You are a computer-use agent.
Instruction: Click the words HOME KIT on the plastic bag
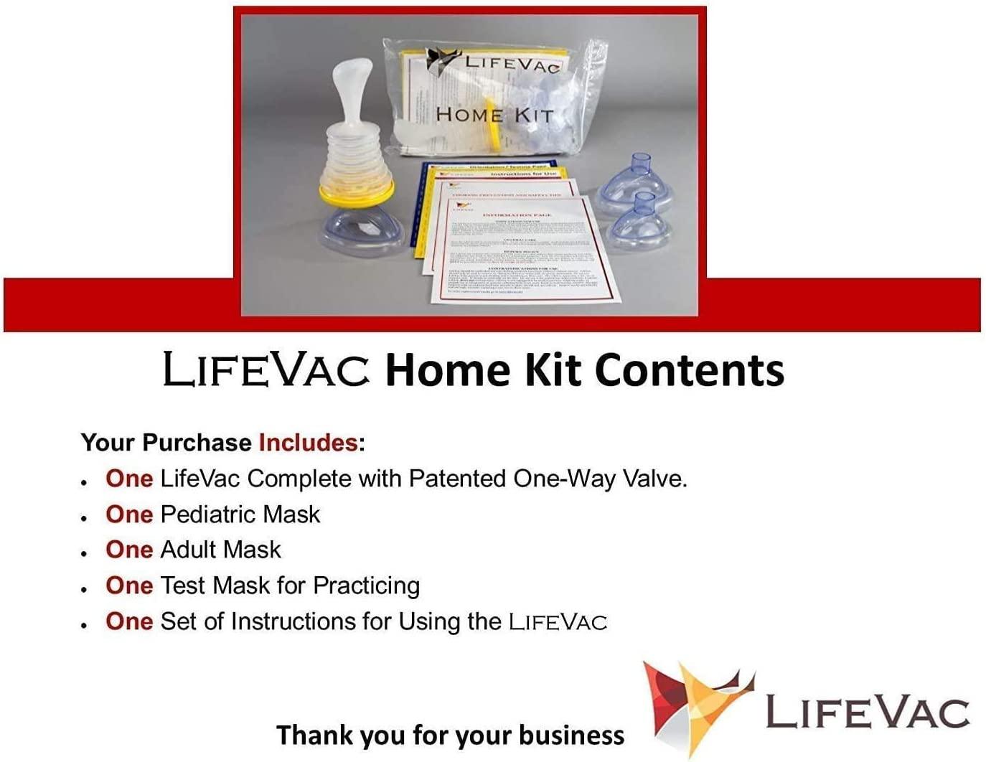(x=494, y=115)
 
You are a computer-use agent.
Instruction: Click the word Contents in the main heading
(x=689, y=370)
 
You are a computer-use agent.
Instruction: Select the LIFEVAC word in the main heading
(x=266, y=370)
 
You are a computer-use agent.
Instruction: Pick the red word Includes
(x=308, y=442)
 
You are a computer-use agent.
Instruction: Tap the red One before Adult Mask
(x=129, y=550)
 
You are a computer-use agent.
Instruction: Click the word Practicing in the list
(x=366, y=585)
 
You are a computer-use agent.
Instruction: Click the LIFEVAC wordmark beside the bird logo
(x=868, y=712)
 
